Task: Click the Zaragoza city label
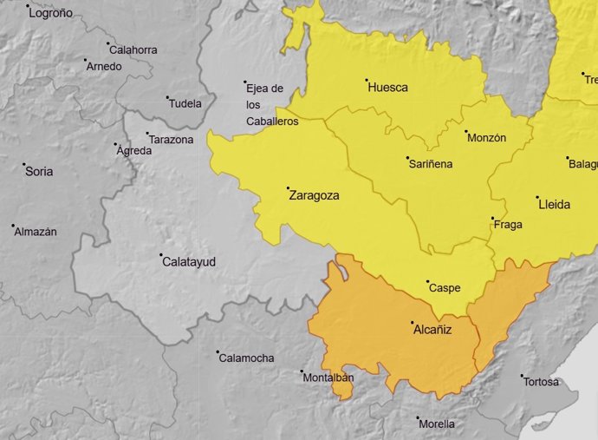(313, 196)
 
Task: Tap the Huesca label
(387, 88)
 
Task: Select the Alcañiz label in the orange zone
(432, 330)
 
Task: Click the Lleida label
(555, 205)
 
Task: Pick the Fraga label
(508, 225)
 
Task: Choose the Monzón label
(486, 138)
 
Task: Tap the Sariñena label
(431, 163)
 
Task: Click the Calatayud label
(189, 261)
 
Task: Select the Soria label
(39, 172)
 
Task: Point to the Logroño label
(51, 14)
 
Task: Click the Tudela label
(185, 104)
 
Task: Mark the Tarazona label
(171, 140)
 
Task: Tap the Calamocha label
(246, 358)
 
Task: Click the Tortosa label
(543, 383)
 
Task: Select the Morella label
(436, 424)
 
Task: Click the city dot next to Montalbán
(302, 372)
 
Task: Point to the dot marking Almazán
(14, 227)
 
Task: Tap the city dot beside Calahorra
(108, 43)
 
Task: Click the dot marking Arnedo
(86, 61)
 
